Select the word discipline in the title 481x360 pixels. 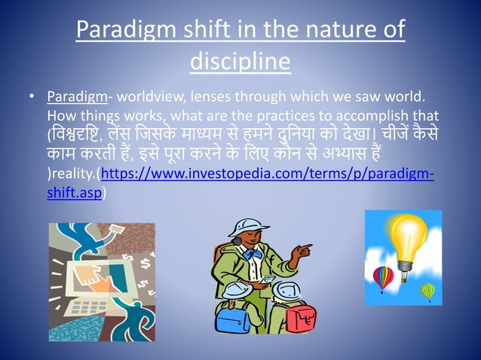coord(240,60)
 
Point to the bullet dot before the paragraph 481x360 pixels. coord(31,98)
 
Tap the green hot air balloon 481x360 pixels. coord(427,291)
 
